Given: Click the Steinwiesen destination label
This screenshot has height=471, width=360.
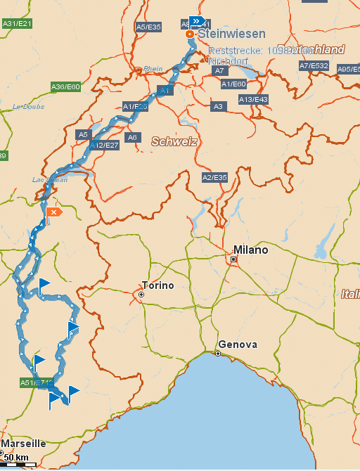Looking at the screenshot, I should coord(231,34).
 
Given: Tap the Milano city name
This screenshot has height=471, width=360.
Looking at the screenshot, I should coord(251,250).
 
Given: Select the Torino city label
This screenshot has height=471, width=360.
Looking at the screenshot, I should coord(157,285).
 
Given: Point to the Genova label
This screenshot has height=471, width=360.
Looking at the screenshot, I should coord(238,344).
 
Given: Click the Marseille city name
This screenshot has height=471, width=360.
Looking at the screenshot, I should coord(23,444).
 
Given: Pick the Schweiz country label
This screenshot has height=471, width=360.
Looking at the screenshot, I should coord(174,141).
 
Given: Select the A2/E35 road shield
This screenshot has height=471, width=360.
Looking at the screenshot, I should coord(214,176).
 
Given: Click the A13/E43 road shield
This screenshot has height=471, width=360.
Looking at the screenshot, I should coord(253,99).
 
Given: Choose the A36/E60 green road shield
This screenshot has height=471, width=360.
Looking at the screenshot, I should coord(66,86).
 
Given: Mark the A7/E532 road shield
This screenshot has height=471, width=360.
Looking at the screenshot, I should coord(314,66).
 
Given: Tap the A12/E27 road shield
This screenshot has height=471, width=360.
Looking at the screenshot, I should coord(104,145).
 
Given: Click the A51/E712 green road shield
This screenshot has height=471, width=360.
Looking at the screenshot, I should coord(36,382).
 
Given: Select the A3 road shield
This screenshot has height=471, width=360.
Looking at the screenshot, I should coord(218,106).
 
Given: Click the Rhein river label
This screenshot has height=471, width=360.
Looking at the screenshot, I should coord(153,69).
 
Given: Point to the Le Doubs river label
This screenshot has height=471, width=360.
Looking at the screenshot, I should coord(28,106).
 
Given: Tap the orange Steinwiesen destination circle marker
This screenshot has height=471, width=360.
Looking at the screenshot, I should coord(189,34).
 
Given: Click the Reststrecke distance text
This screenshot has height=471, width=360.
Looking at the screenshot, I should coord(260,51).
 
